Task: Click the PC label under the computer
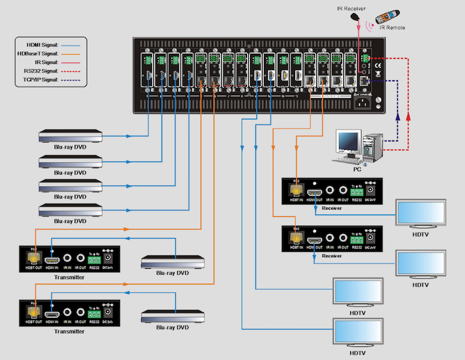[x=357, y=169]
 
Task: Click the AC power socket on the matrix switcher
[x=362, y=103]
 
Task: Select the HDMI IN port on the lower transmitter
[x=53, y=312]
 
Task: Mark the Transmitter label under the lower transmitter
[x=68, y=331]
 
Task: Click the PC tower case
[x=371, y=146]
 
